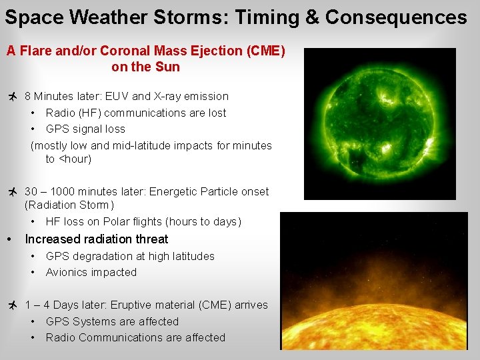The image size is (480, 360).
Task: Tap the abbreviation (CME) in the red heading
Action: click(264, 51)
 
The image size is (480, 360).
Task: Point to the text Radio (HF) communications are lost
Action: click(136, 113)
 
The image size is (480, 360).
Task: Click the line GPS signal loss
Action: click(85, 129)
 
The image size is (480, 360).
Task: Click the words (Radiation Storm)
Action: click(69, 205)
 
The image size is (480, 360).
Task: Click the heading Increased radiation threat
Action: click(96, 239)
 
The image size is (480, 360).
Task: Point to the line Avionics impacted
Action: click(91, 272)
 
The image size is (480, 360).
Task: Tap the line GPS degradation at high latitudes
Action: click(130, 256)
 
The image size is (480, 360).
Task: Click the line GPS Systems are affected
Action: click(112, 321)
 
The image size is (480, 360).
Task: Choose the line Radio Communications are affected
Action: click(135, 337)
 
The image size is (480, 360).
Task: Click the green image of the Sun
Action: click(379, 124)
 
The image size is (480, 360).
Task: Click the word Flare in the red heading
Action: click(35, 51)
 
